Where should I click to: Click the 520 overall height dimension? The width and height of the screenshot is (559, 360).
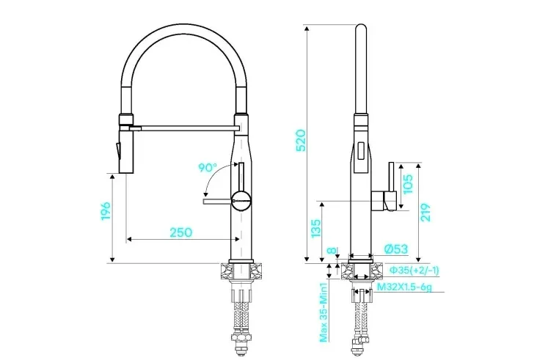point(301,141)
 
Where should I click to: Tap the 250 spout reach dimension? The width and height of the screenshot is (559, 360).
point(181,232)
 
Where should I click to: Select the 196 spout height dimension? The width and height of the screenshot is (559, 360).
point(106,211)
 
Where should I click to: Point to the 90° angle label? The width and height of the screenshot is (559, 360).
point(208,167)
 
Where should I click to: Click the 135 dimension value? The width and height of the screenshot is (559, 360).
point(316,229)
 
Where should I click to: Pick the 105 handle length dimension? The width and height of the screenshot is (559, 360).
point(407,184)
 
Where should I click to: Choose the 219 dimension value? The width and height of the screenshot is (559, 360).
point(425,213)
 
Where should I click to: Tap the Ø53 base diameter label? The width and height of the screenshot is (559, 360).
point(396,249)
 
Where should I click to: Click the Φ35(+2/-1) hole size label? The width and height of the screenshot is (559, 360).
point(414,271)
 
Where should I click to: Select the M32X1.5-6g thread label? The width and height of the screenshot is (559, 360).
point(404,286)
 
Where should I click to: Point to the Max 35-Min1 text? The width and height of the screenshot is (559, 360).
point(324,312)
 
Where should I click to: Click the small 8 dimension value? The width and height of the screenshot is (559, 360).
point(332,251)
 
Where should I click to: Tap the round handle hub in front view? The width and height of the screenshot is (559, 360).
point(241,201)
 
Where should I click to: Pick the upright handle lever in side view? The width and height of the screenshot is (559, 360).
point(391,177)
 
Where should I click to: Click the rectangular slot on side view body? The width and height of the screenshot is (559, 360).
point(361,152)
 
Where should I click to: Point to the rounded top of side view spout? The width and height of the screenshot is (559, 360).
point(361,29)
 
